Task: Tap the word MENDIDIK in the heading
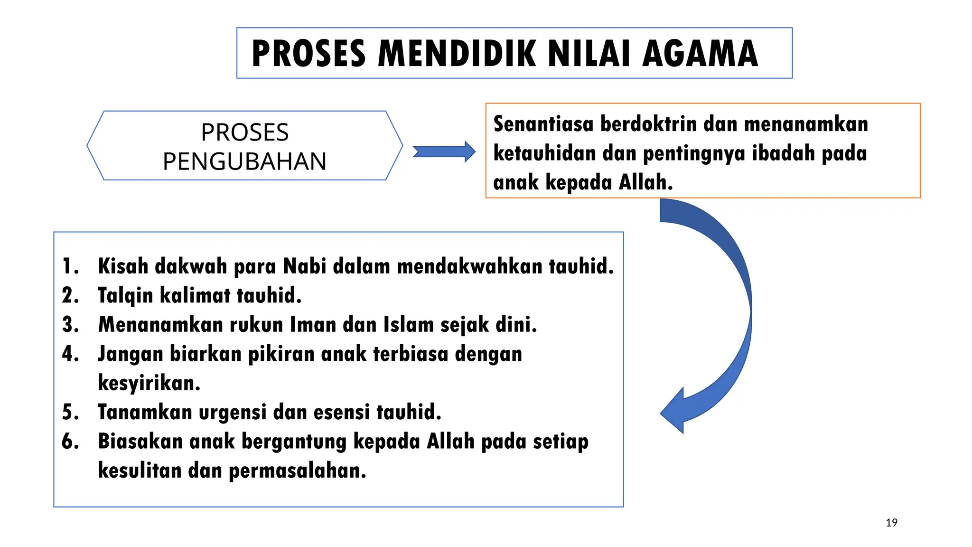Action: coord(458,54)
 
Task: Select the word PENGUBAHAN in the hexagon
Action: coord(244,161)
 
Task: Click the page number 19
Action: coord(891,523)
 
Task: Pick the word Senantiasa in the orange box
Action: coord(543,124)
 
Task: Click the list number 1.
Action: coord(70,266)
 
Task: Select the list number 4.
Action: coord(70,354)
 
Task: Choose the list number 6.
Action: coord(70,442)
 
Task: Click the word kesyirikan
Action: coord(149,383)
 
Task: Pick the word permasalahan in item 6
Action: coord(298,471)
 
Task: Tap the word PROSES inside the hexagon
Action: coord(244,132)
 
